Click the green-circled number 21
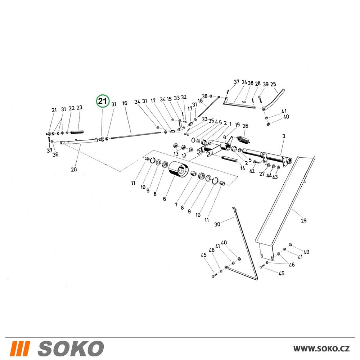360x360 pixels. (103, 101)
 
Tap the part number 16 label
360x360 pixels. (125, 103)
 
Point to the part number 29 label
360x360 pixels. (303, 220)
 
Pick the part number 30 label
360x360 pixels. (217, 224)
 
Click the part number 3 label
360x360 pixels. (284, 136)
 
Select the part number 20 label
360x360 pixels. (74, 170)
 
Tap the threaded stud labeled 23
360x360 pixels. (77, 132)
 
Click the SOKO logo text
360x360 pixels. (71, 348)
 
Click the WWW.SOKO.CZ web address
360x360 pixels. (321, 348)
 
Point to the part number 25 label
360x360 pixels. (273, 84)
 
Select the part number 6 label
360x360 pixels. (165, 199)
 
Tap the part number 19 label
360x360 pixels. (237, 125)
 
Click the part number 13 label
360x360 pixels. (176, 153)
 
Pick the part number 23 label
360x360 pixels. (79, 107)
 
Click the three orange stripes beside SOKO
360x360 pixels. (20, 348)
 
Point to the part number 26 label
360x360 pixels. (245, 126)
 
